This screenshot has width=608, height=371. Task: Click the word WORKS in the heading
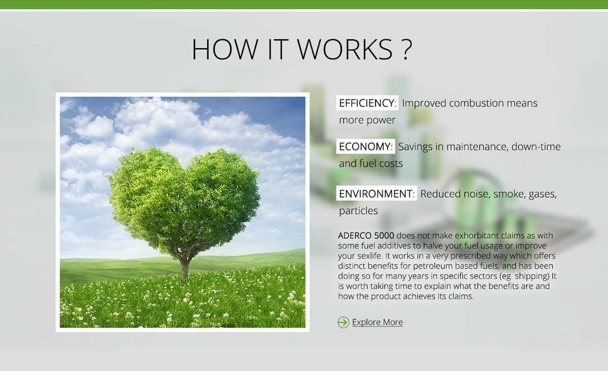coord(345,49)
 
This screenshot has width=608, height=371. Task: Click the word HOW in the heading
coord(225,49)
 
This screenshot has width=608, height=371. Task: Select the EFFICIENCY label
coord(367,103)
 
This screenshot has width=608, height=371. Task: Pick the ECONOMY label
coord(366,146)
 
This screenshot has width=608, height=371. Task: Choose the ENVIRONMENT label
coord(376,194)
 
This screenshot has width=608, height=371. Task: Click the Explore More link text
coord(377,322)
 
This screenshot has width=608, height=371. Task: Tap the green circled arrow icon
coord(344,322)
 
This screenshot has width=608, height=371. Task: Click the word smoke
coord(510,194)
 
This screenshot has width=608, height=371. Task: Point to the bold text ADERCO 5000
coord(366,236)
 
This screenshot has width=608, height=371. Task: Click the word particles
coord(358,211)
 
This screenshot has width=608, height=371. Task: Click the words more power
coord(367,120)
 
